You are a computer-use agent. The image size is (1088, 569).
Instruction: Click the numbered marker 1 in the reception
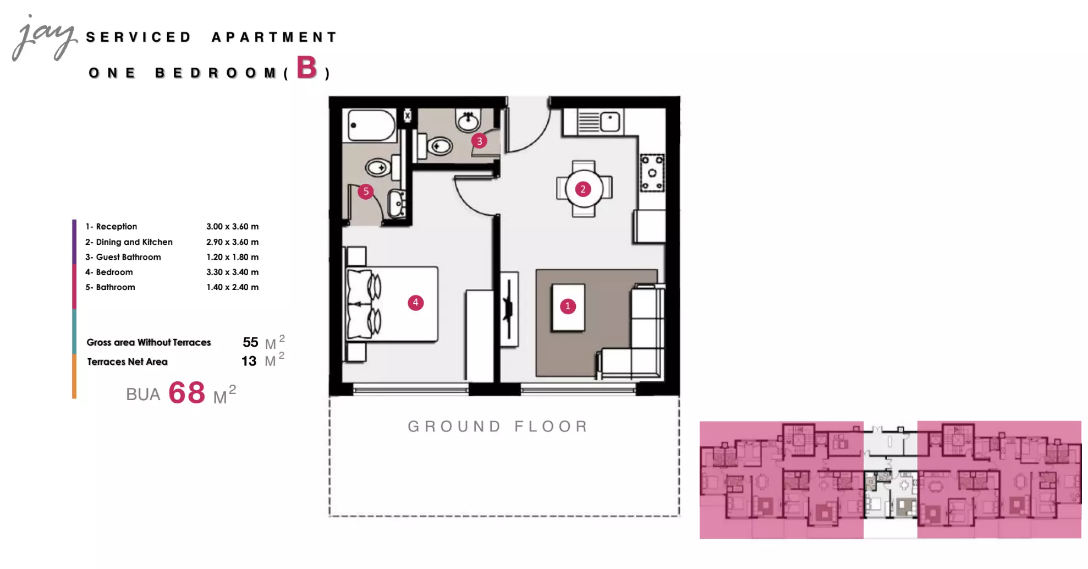(568, 307)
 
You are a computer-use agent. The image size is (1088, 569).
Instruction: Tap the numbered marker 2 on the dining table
(583, 189)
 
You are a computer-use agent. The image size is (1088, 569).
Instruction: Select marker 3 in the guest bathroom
(479, 141)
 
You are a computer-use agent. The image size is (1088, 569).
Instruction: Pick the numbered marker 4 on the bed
(415, 303)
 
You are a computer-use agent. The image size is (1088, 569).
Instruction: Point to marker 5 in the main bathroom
(366, 192)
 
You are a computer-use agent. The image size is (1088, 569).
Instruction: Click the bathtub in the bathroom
(371, 125)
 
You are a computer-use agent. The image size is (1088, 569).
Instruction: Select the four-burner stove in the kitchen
(652, 173)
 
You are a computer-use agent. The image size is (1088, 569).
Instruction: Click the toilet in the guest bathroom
(435, 146)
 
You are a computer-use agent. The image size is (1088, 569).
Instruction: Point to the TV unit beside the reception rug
(509, 309)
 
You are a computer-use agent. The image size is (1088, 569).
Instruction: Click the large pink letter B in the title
(307, 68)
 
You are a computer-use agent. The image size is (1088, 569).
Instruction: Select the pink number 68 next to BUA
(186, 393)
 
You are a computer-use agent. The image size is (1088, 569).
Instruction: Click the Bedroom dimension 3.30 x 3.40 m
(232, 272)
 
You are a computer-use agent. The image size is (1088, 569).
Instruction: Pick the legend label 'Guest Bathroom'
(129, 257)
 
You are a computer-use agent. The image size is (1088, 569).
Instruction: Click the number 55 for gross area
(250, 342)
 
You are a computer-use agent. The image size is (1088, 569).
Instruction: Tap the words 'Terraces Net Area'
(127, 362)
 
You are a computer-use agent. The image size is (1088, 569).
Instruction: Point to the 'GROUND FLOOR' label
(498, 426)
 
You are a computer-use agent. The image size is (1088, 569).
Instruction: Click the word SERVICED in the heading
(139, 37)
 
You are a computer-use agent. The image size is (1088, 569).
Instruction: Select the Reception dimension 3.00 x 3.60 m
(232, 226)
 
